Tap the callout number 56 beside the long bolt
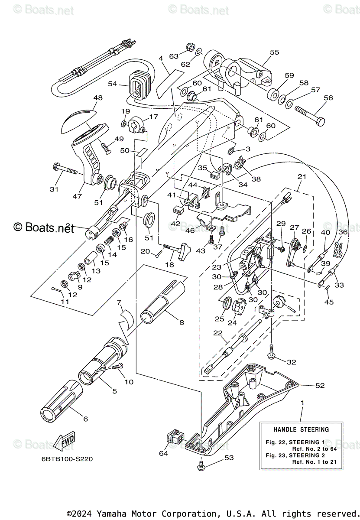tap(328, 98)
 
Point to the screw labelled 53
tap(201, 465)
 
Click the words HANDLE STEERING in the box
tap(301, 429)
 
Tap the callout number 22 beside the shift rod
tap(217, 333)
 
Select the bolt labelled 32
tap(272, 350)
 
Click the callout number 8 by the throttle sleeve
tap(169, 322)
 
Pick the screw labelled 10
tap(116, 367)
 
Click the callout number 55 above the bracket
tap(275, 52)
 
